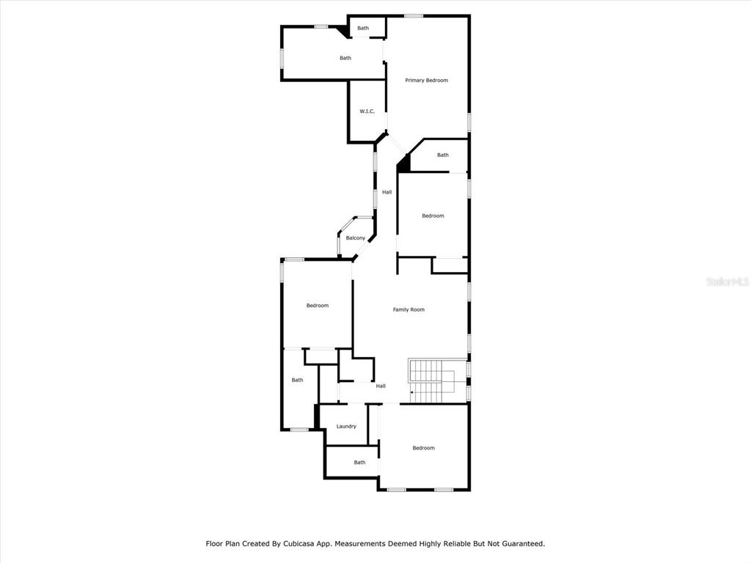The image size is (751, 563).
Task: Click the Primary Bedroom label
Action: (x=426, y=81)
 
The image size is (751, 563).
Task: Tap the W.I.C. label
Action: (x=367, y=111)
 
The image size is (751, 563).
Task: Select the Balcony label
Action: (x=356, y=238)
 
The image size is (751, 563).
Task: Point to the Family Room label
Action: (x=409, y=310)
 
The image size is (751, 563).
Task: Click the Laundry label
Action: (x=346, y=427)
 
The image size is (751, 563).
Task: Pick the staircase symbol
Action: (x=432, y=381)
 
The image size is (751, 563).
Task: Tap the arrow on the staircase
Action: (x=412, y=393)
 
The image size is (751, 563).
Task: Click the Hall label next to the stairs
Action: (x=381, y=386)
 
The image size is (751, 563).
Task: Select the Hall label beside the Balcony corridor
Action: (x=387, y=192)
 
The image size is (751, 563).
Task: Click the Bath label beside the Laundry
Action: (x=298, y=380)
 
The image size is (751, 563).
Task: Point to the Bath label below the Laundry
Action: (x=359, y=463)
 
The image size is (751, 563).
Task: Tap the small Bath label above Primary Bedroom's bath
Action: (x=363, y=29)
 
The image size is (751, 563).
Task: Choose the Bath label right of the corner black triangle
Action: (x=443, y=155)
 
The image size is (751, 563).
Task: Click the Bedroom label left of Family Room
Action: (x=318, y=306)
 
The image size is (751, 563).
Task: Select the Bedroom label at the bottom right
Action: (x=424, y=448)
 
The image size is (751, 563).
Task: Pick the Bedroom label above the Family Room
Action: (x=433, y=216)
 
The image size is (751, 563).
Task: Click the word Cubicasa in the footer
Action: (x=299, y=544)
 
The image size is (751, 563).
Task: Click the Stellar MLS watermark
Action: (x=728, y=281)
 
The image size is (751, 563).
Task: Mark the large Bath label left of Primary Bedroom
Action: (x=345, y=58)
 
